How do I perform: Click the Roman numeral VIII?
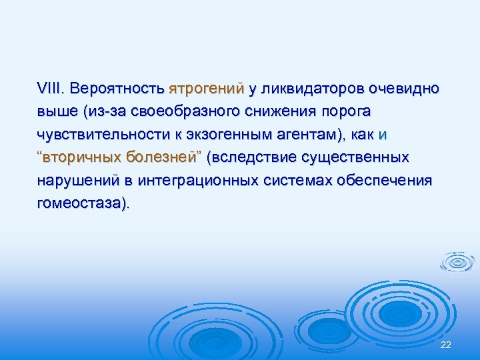click(50, 88)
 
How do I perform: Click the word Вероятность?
click(117, 88)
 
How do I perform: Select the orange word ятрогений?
click(206, 88)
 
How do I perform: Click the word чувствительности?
click(107, 134)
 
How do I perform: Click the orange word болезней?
click(163, 157)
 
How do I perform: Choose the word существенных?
click(356, 157)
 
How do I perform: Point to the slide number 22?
click(446, 344)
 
